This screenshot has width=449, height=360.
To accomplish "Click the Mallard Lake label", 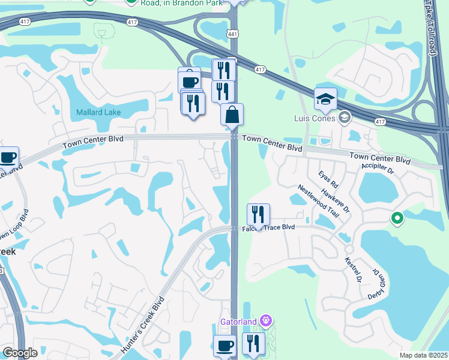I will [98, 112].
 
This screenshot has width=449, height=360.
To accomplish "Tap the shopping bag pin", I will [232, 115].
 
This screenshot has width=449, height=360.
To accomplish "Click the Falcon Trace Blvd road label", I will [268, 228].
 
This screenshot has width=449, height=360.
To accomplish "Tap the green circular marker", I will [396, 219].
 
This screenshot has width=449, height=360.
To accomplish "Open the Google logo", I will [20, 353].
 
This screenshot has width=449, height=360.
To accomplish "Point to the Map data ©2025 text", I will [423, 355].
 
